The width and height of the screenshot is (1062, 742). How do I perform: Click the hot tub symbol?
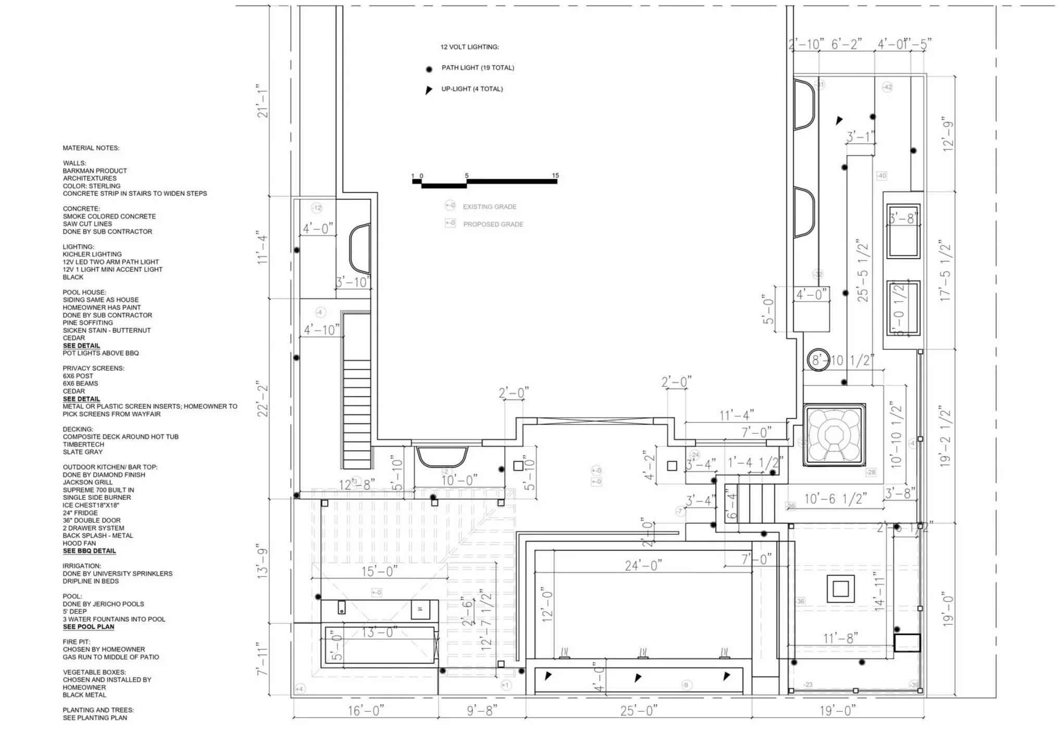(x=834, y=434)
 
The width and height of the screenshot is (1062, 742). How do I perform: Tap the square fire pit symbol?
(x=840, y=589)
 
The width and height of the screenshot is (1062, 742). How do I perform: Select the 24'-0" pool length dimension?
(x=643, y=565)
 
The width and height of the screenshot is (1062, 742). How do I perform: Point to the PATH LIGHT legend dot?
(x=429, y=69)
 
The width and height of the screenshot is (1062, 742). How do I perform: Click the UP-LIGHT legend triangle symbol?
(x=429, y=90)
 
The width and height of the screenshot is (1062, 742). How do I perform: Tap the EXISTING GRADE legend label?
(x=489, y=207)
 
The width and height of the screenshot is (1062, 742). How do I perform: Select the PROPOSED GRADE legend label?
(x=493, y=224)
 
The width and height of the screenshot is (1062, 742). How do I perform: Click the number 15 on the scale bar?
(x=555, y=175)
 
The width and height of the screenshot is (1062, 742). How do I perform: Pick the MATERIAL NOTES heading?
(x=91, y=148)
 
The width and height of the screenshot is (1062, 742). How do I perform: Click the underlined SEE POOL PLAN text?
(x=89, y=627)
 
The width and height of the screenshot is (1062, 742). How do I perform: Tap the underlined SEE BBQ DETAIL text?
(x=90, y=551)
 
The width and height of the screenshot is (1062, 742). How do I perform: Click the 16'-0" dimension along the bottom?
(x=366, y=710)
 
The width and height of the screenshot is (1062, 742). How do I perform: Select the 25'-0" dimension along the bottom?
(x=639, y=710)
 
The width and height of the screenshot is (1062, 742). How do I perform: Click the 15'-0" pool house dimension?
(x=379, y=571)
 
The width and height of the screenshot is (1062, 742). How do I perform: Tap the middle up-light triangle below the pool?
(x=638, y=677)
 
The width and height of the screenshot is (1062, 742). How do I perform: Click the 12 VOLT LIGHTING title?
(x=469, y=47)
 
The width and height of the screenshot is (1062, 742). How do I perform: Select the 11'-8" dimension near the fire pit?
(x=840, y=638)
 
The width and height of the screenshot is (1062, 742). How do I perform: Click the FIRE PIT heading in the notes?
(x=77, y=642)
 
